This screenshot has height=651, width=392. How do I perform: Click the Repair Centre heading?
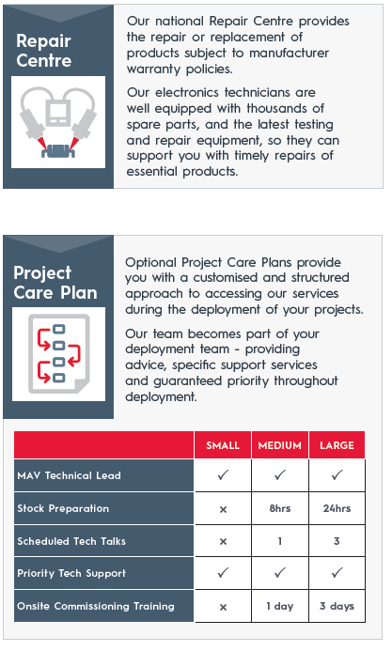[43, 51]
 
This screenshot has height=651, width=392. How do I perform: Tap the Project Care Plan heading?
[55, 283]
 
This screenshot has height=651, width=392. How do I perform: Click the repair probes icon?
[58, 122]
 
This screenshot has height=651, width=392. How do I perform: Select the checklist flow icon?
[58, 354]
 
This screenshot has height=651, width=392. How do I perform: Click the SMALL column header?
[223, 445]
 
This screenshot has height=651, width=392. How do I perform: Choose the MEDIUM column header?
[280, 445]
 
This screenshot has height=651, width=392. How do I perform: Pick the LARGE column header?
[337, 445]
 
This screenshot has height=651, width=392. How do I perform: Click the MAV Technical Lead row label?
[69, 475]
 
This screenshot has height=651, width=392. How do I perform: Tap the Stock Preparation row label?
[63, 508]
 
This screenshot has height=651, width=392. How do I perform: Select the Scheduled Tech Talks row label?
[71, 541]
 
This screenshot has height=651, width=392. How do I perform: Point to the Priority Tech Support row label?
[71, 574]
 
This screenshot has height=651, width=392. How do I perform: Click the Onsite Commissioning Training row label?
[96, 606]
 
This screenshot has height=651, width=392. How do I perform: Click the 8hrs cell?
[280, 508]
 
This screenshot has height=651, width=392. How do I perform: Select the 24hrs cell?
[337, 508]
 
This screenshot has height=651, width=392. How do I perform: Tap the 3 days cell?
[337, 606]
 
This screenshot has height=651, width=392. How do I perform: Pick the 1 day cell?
[280, 606]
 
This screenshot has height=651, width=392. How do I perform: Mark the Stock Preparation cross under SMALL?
[223, 509]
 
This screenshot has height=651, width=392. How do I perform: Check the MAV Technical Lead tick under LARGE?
[337, 474]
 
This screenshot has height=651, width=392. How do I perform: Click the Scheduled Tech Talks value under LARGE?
[337, 541]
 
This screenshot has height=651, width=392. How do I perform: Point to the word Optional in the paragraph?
[151, 263]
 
